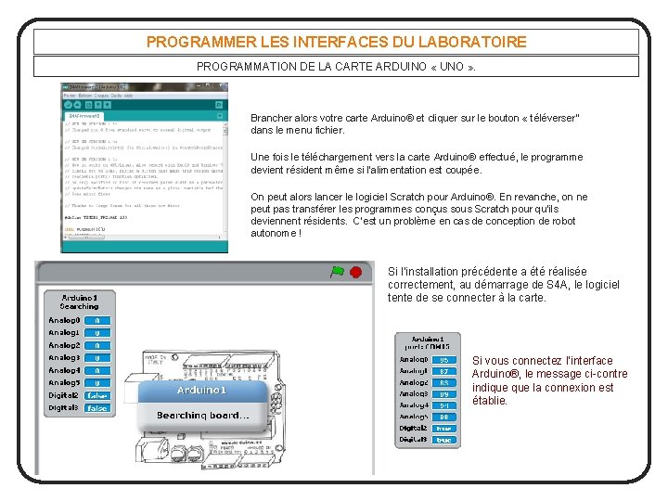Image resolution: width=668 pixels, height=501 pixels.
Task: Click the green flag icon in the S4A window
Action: point(337,272)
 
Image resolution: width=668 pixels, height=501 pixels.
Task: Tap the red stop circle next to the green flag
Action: point(355,272)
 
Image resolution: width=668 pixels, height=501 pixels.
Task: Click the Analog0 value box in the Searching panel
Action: point(96,320)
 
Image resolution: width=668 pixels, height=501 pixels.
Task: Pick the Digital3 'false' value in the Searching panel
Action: point(96,408)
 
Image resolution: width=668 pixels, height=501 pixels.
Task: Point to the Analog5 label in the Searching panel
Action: point(64,382)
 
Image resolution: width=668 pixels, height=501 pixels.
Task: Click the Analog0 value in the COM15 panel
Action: point(444,360)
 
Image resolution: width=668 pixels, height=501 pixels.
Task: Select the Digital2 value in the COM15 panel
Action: point(444,428)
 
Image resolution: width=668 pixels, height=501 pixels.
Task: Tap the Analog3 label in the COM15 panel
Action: point(414,393)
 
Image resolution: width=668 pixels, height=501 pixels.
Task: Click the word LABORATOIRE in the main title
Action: point(469,42)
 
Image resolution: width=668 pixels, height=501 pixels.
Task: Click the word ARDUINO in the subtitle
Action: point(408,67)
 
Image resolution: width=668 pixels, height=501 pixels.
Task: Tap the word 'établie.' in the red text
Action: point(490,401)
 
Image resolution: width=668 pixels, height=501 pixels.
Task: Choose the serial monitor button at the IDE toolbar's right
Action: point(220,105)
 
